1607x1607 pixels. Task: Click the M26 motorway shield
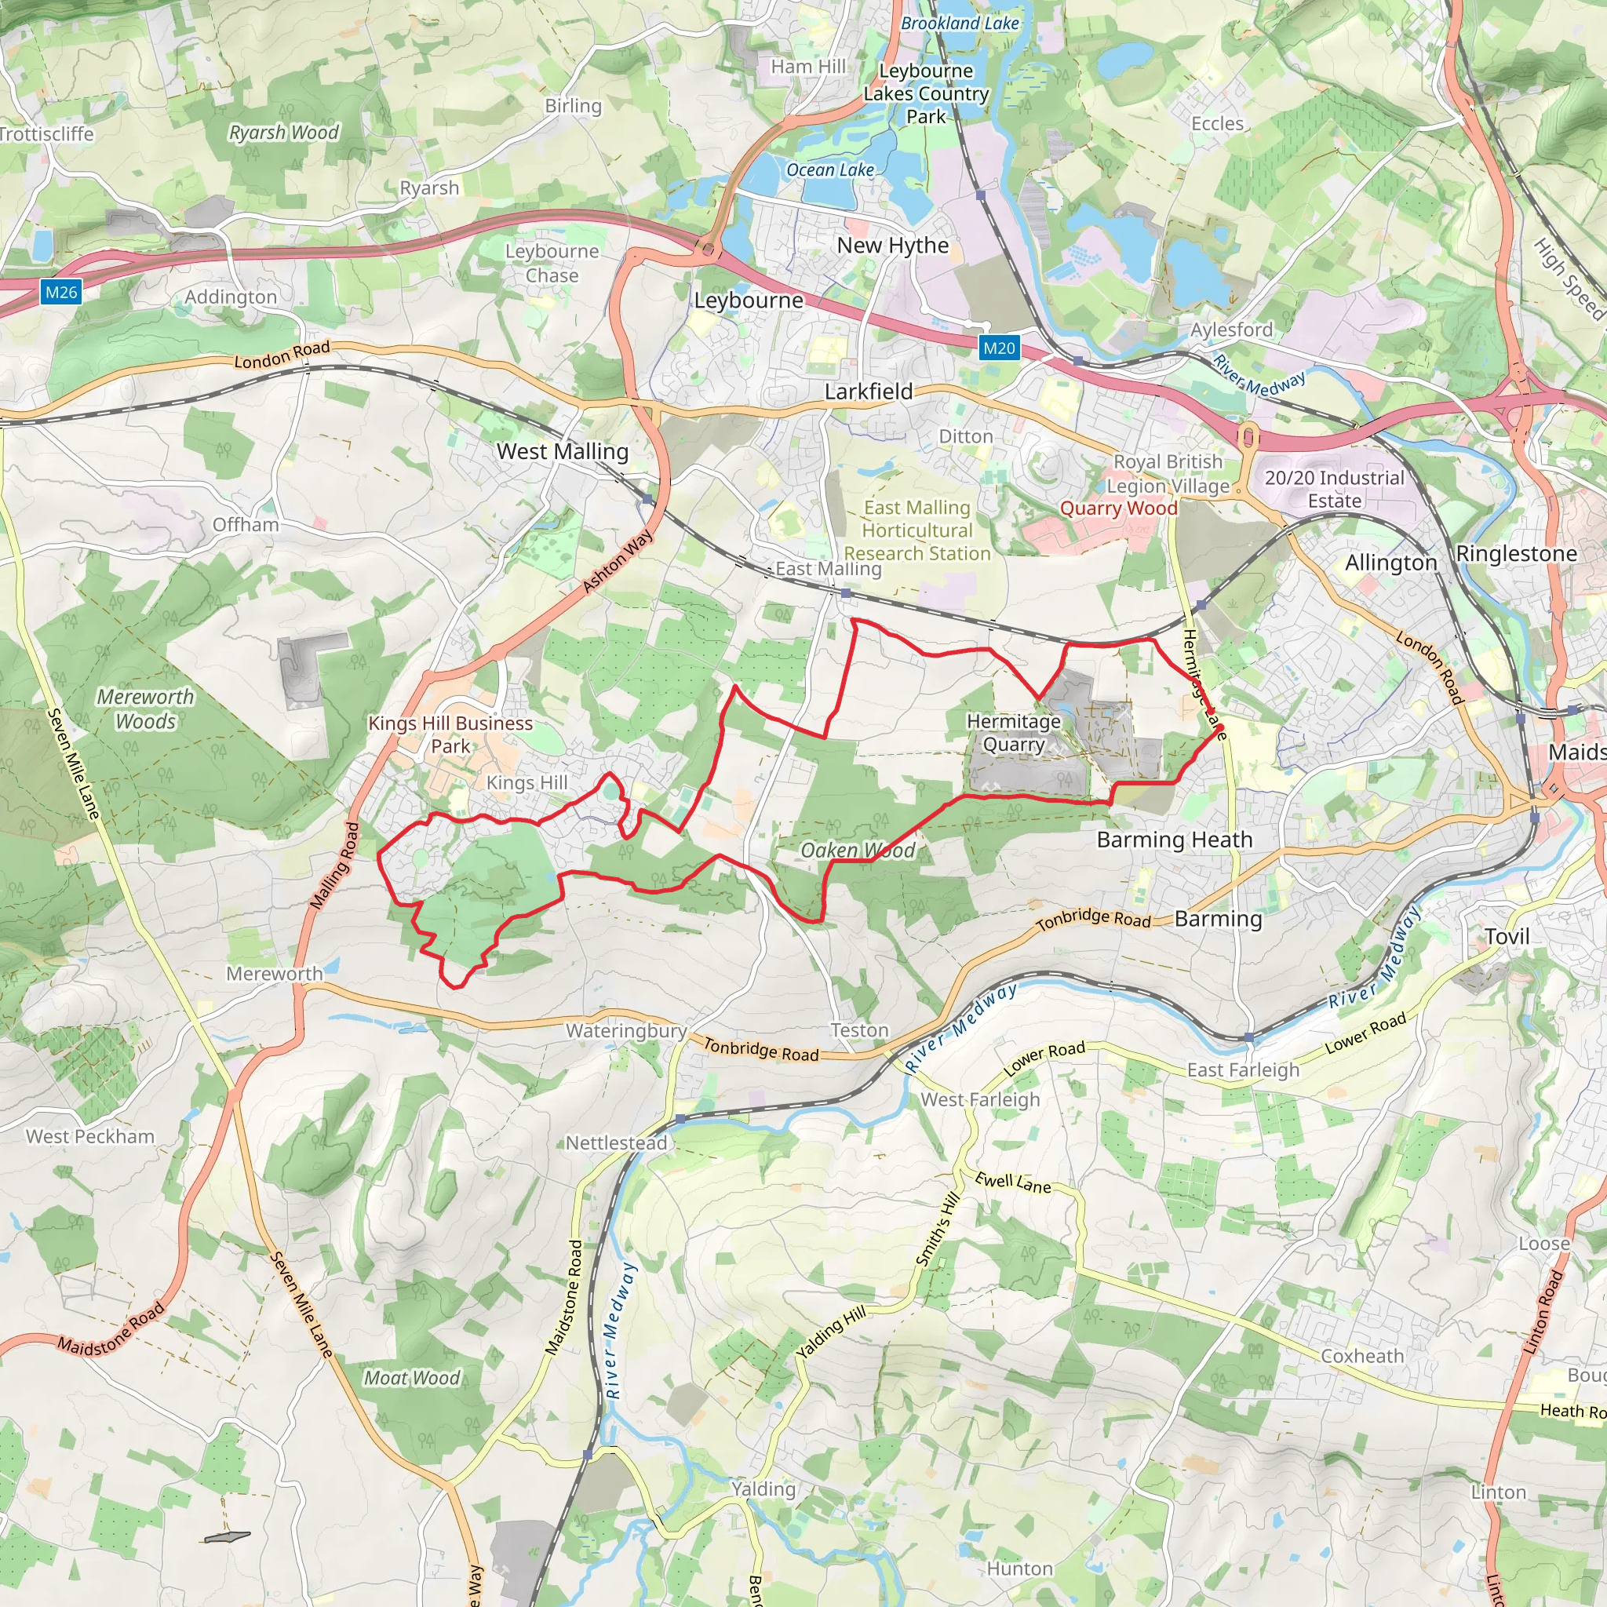click(60, 292)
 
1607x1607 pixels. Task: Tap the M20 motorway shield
click(999, 348)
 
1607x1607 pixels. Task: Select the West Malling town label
click(563, 452)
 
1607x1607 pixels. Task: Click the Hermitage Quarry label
click(1013, 733)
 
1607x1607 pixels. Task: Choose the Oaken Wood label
click(858, 850)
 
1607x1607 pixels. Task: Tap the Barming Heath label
click(1175, 840)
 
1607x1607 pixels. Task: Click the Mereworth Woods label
click(146, 709)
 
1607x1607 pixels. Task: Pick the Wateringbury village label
click(626, 1030)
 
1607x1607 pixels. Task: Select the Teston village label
click(859, 1030)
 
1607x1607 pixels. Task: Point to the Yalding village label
click(763, 1489)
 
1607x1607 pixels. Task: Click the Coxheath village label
click(1362, 1356)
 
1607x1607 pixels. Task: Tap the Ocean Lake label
click(830, 170)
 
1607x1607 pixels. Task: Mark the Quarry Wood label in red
click(1119, 508)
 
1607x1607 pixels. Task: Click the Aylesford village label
click(1231, 330)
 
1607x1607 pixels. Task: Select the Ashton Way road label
click(618, 563)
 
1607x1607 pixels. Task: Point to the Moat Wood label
click(412, 1378)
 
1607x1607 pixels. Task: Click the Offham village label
click(246, 525)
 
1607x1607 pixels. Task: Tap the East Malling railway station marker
click(846, 593)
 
